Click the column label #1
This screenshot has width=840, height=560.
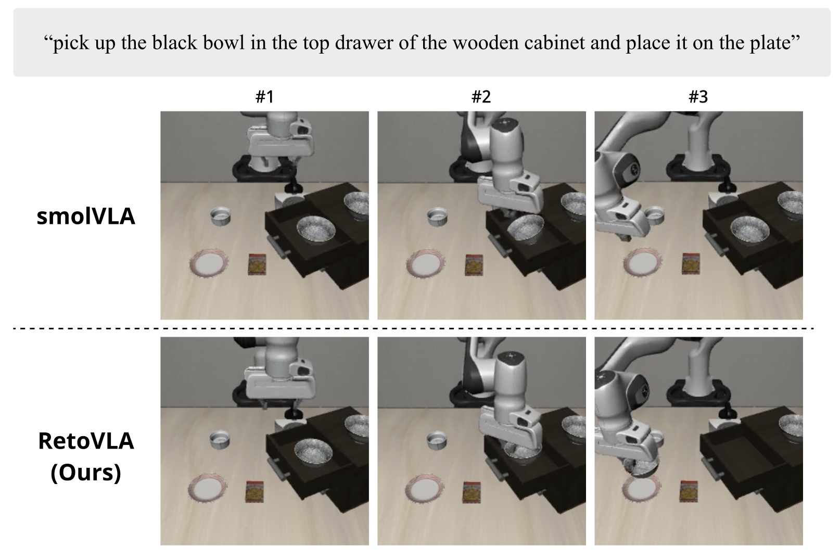(264, 97)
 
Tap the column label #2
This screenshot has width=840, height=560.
(481, 97)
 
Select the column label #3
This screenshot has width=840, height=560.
(698, 97)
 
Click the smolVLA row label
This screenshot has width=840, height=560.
(86, 217)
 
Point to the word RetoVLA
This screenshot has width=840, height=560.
(86, 441)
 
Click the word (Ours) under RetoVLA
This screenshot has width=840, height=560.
(86, 472)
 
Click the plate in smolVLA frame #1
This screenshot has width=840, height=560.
(209, 263)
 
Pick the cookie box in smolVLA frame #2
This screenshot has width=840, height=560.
(474, 265)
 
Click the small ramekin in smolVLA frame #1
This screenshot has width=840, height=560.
(221, 217)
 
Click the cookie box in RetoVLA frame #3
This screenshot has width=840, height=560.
(689, 492)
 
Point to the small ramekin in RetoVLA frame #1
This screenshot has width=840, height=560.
(220, 440)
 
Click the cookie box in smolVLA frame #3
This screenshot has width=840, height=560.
(691, 264)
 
